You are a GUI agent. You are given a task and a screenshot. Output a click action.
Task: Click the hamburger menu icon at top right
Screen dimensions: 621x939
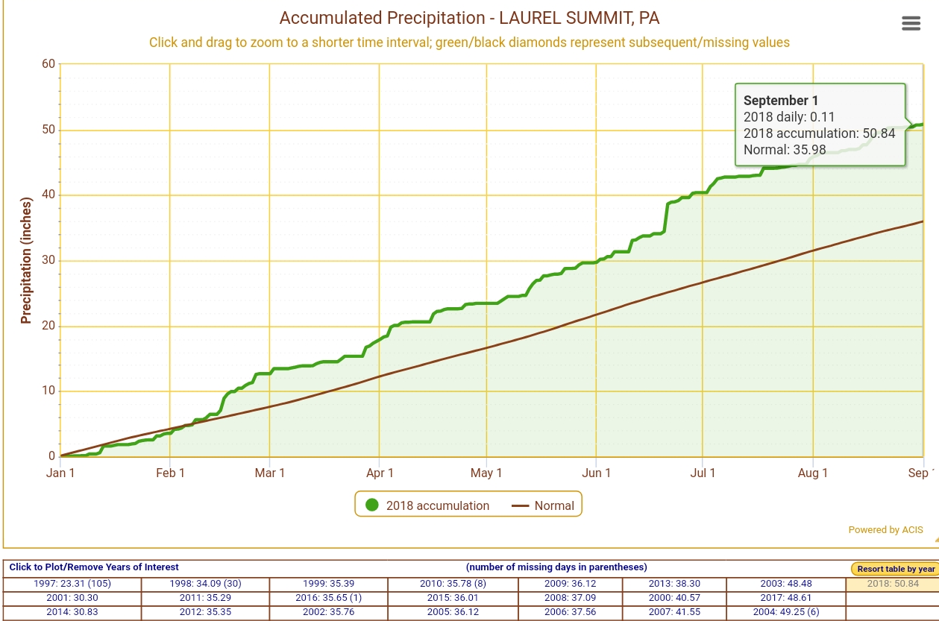point(911,23)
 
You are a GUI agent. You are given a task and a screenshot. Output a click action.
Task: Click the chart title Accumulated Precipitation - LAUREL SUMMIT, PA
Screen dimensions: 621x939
point(469,18)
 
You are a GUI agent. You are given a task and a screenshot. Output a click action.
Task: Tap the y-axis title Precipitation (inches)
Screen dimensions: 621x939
point(26,260)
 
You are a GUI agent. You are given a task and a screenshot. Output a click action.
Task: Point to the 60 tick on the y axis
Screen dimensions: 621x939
point(48,64)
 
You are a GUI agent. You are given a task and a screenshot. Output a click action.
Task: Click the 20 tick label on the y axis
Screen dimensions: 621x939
point(48,326)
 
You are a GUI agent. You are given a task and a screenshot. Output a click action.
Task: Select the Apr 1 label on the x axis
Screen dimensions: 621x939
point(380,473)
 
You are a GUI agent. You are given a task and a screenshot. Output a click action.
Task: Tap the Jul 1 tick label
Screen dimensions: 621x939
point(703,473)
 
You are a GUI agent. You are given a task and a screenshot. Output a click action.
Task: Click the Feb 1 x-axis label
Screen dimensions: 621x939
point(170,473)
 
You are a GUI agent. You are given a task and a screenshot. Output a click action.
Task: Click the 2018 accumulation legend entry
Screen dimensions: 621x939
point(427,505)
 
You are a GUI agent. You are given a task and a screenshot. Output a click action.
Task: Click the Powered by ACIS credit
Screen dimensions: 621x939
point(885,530)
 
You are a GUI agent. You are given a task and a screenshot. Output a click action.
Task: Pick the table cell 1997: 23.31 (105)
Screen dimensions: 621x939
point(72,584)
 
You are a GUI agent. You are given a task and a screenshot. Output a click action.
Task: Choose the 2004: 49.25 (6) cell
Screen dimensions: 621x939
point(785,612)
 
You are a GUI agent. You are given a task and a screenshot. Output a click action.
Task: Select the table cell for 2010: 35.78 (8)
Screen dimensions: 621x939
point(453,584)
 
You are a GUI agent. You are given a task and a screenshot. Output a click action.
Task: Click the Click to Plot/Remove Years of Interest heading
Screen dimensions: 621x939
point(94,567)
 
